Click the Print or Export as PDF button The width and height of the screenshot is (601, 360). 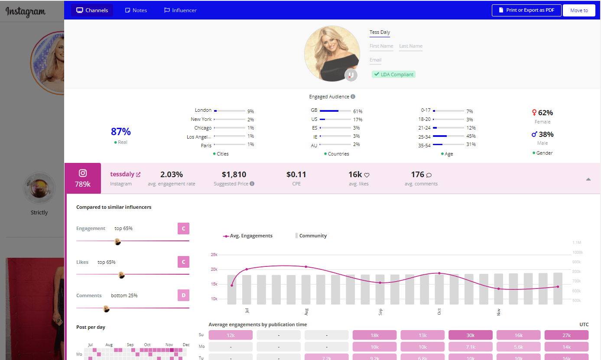tap(526, 10)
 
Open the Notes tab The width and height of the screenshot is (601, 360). tap(136, 10)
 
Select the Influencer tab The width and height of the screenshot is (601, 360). tap(180, 10)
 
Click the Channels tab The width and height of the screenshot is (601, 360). tap(92, 10)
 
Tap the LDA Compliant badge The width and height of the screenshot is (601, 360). tap(393, 75)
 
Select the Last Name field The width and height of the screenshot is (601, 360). tap(410, 46)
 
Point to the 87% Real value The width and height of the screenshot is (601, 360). tap(121, 132)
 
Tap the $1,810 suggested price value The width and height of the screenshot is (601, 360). tap(234, 175)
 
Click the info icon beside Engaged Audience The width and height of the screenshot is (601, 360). tap(353, 97)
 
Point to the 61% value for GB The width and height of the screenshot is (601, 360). tap(357, 111)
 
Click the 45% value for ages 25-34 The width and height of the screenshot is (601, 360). tap(471, 136)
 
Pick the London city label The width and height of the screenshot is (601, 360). tap(203, 110)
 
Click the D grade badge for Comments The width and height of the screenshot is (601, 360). tap(183, 295)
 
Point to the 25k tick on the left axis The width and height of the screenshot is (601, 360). tap(214, 255)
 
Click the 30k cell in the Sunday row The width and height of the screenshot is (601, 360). tap(471, 335)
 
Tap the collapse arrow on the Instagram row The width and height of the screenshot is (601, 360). tap(588, 179)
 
